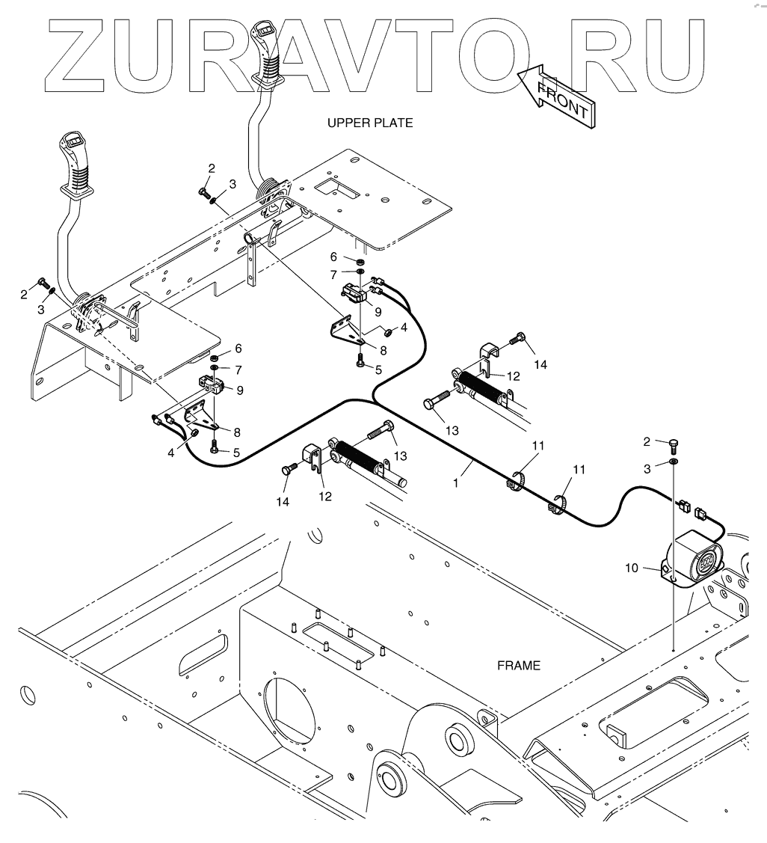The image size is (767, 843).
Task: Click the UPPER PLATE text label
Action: (x=369, y=123)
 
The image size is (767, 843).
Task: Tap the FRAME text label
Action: (x=519, y=665)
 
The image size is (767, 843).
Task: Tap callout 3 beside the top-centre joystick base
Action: (x=232, y=183)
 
